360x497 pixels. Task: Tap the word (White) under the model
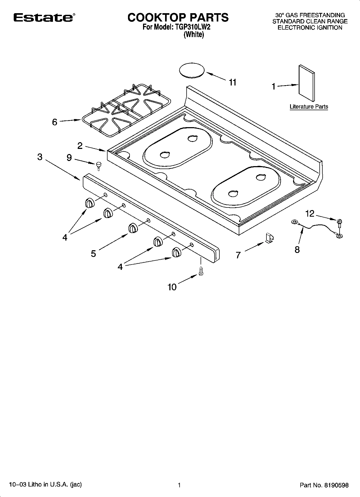[x=194, y=35]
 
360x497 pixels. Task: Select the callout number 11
[x=233, y=82]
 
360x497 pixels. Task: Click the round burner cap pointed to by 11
[x=192, y=70]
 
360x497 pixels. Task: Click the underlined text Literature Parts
[x=309, y=106]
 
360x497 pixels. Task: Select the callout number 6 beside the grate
[x=55, y=122]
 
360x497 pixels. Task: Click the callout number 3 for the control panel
[x=40, y=157]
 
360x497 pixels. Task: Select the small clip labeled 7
[x=269, y=238]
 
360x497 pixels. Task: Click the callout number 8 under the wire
[x=297, y=250]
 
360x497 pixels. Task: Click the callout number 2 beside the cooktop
[x=80, y=146]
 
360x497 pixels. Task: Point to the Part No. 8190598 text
[x=324, y=485]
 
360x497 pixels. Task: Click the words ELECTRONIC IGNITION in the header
[x=310, y=27]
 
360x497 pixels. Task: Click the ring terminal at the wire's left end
[x=295, y=222]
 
